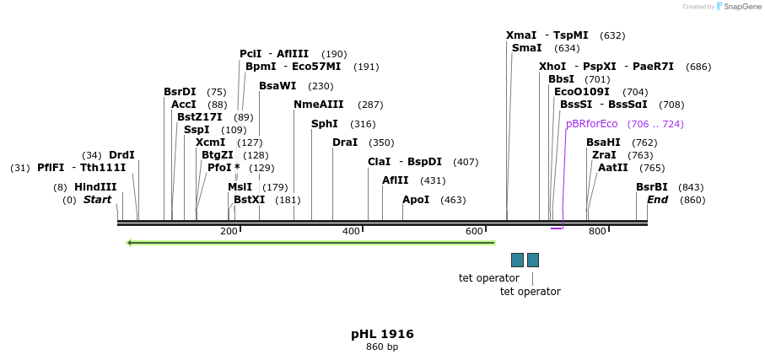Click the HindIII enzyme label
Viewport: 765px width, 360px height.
pos(95,187)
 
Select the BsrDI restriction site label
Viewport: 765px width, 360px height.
pos(180,92)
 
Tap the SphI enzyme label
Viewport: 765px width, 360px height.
pos(325,124)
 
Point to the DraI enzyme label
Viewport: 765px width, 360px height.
pos(345,142)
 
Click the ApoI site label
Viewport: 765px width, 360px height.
pos(416,200)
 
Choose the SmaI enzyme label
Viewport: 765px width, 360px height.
pos(526,48)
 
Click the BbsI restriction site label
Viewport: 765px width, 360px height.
pos(561,79)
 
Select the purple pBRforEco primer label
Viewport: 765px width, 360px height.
pos(592,124)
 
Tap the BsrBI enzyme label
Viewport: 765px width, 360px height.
pos(652,187)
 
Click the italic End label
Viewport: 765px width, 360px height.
pos(658,200)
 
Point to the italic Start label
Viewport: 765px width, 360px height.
pos(97,200)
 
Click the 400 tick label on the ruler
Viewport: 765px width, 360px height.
pos(351,231)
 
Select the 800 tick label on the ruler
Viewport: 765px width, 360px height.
pos(597,231)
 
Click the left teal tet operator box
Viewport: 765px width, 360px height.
pos(517,260)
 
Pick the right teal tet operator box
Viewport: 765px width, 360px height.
pos(533,260)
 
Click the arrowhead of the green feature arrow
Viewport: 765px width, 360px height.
pos(130,243)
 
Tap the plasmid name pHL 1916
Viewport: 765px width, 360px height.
pos(382,334)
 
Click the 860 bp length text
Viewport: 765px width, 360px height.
pos(382,347)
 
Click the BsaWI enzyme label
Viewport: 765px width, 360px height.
pos(277,86)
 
